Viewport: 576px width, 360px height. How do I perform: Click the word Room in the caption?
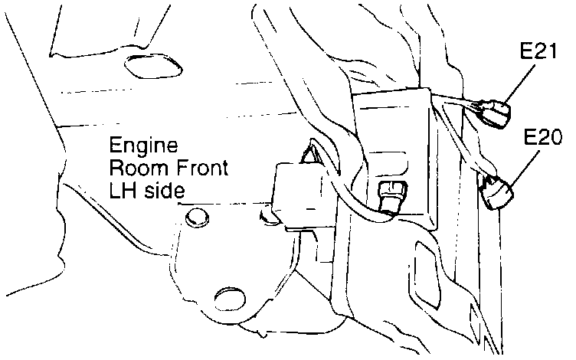click(x=132, y=167)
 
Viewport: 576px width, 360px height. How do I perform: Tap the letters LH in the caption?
click(x=121, y=188)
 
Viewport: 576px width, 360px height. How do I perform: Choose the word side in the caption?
click(x=163, y=188)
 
